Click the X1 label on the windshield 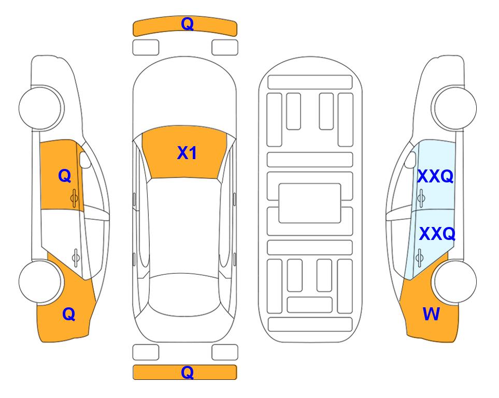pos(187,153)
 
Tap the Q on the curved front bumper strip pos(187,23)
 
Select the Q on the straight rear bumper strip pos(187,372)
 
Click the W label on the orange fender pos(431,314)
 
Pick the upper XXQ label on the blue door pos(435,176)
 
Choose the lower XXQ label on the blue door pos(437,234)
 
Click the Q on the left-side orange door pos(65,176)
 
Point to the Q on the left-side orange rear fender pos(69,314)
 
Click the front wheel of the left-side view pos(40,108)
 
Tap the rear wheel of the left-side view pos(40,282)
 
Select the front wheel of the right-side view pos(455,108)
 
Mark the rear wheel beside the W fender pos(455,282)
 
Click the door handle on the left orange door pos(75,198)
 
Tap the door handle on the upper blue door pos(421,198)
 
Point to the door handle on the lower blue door pos(419,258)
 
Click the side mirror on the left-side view pos(85,160)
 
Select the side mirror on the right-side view pos(410,160)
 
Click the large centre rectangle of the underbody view pos(310,203)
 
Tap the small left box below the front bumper pos(146,48)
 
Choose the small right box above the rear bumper pos(225,352)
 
